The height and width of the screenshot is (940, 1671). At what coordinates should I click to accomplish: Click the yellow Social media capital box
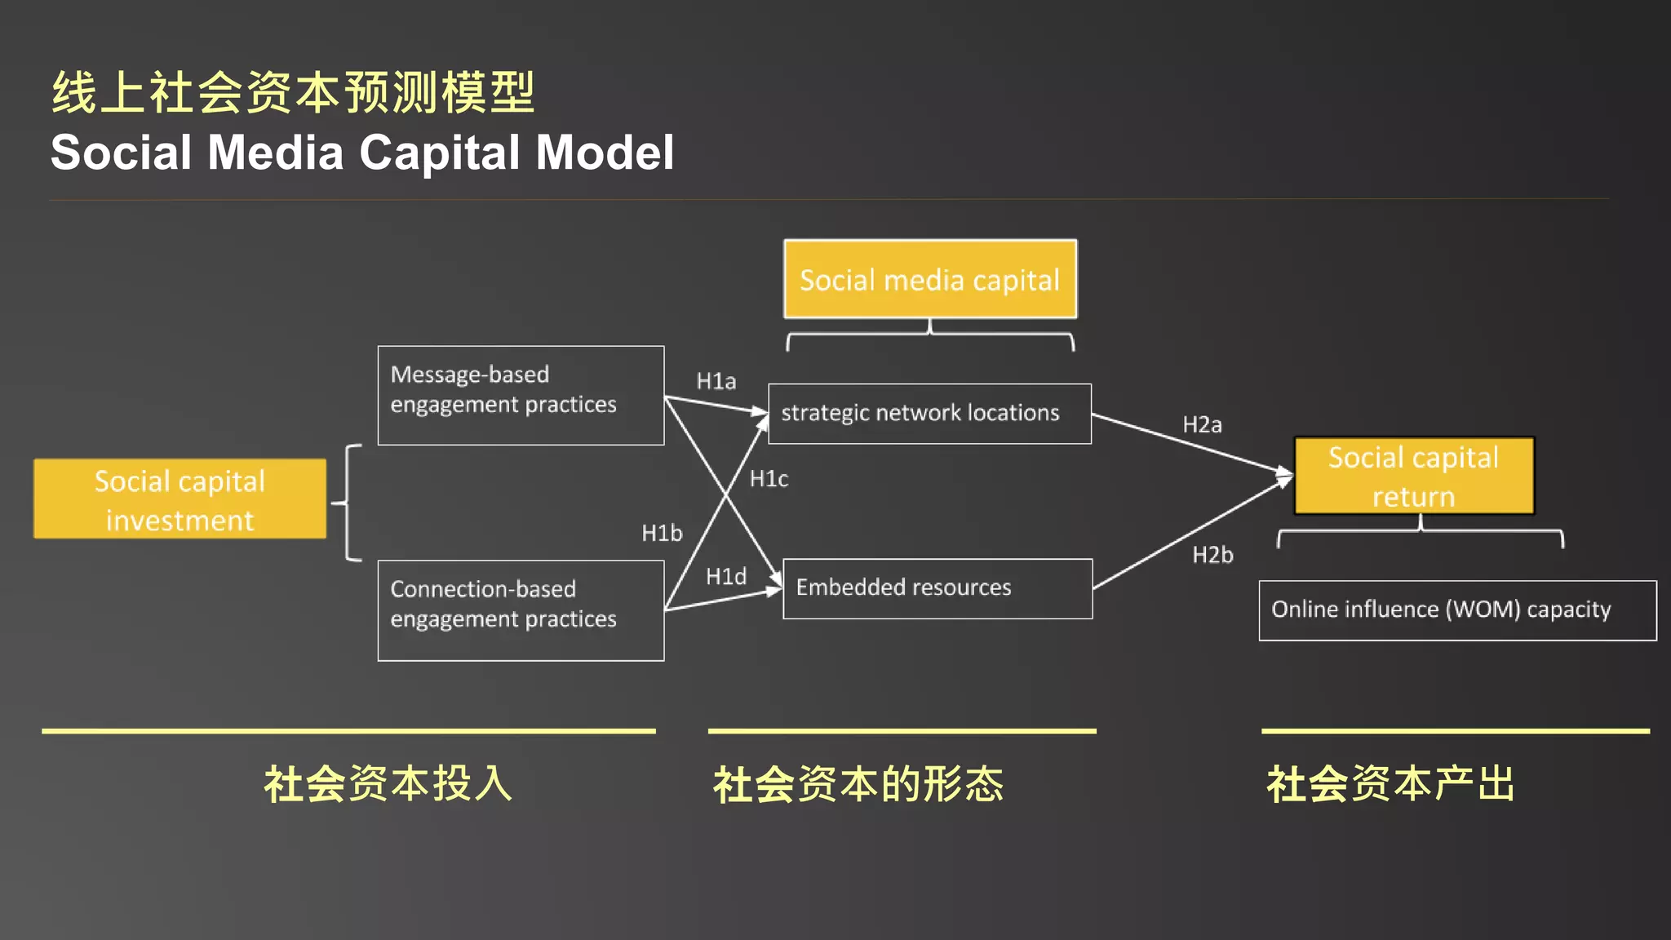[930, 279]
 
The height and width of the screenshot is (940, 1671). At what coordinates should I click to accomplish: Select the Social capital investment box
[180, 499]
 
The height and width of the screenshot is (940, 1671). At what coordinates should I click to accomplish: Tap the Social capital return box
[1414, 477]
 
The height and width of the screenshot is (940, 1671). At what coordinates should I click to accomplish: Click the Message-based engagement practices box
[521, 395]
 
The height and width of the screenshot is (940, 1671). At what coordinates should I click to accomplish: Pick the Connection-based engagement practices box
[521, 610]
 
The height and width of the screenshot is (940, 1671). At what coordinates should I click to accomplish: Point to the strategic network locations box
[929, 414]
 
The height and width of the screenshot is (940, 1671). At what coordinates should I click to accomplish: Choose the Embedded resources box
[937, 588]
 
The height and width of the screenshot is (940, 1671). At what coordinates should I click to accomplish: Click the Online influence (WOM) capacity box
[1457, 610]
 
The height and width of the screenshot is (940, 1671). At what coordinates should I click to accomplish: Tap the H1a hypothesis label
[716, 381]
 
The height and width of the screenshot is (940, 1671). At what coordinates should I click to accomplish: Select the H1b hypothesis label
[662, 533]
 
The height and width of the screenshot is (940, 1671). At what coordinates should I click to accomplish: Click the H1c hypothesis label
[769, 479]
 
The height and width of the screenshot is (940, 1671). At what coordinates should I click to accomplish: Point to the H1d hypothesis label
[726, 577]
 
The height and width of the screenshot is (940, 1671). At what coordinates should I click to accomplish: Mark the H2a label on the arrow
[1202, 425]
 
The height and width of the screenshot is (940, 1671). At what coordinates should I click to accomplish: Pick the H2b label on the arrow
[1212, 556]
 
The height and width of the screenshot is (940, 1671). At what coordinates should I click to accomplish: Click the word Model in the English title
[605, 153]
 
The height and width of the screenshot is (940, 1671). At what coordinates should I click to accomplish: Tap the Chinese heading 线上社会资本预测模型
[293, 92]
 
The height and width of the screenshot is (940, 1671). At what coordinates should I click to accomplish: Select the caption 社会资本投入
[388, 784]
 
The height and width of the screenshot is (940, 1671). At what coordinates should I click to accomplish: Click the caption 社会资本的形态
[858, 784]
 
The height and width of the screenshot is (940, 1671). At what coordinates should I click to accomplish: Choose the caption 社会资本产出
[1391, 784]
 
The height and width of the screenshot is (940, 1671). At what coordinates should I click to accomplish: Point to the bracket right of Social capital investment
[349, 503]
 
